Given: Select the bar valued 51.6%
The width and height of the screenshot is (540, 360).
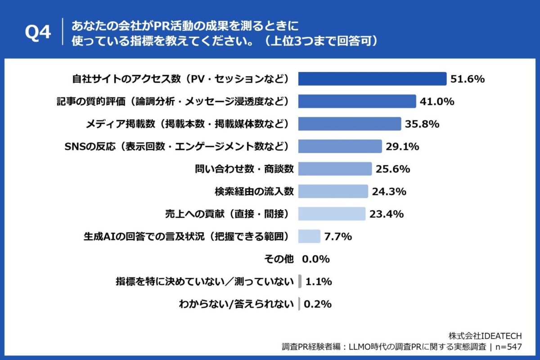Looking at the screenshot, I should [372, 79].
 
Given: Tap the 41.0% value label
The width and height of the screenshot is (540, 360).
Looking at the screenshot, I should [436, 102].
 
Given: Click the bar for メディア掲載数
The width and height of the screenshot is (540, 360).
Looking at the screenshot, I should [349, 124].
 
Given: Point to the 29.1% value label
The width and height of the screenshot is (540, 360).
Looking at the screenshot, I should [402, 146].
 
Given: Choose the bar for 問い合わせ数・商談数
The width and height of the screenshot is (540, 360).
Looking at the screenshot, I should [335, 169].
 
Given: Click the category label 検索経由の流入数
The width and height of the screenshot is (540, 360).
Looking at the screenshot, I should [254, 191].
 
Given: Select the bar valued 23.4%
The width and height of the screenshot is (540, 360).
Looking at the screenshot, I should [332, 214].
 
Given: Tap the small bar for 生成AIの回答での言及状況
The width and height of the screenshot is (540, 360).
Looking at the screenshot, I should [309, 236].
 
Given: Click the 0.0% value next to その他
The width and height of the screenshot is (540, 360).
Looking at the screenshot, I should [316, 259].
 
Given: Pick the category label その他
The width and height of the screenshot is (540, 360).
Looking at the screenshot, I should [278, 259].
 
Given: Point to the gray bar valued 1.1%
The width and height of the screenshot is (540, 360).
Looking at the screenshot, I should [299, 282].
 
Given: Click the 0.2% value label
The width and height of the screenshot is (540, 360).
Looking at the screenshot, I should [318, 304].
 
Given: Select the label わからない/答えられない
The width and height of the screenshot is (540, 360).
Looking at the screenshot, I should [236, 304].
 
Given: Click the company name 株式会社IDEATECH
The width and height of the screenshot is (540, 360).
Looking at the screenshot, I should [485, 336].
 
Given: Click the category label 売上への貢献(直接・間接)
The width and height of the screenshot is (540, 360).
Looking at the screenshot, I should [224, 214].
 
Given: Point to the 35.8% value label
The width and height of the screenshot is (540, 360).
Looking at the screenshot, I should [422, 124].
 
